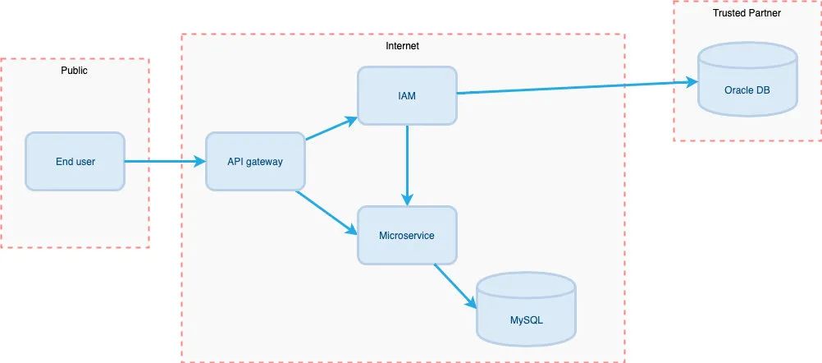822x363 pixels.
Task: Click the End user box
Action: point(75,161)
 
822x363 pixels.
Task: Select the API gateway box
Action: point(255,161)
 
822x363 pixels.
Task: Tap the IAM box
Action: point(407,95)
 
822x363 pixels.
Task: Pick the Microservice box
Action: point(407,235)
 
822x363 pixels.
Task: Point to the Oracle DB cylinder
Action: point(747,79)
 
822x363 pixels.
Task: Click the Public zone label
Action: point(75,71)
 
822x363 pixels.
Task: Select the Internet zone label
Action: point(402,46)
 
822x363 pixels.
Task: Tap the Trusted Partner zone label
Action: point(747,13)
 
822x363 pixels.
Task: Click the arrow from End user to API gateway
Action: point(165,161)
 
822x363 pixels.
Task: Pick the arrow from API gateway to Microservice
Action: point(327,213)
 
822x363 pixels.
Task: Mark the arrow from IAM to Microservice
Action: point(408,165)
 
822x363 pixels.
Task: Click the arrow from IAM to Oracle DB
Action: point(578,88)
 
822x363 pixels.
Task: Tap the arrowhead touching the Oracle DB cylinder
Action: point(692,82)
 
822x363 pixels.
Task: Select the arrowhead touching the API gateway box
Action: point(199,161)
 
